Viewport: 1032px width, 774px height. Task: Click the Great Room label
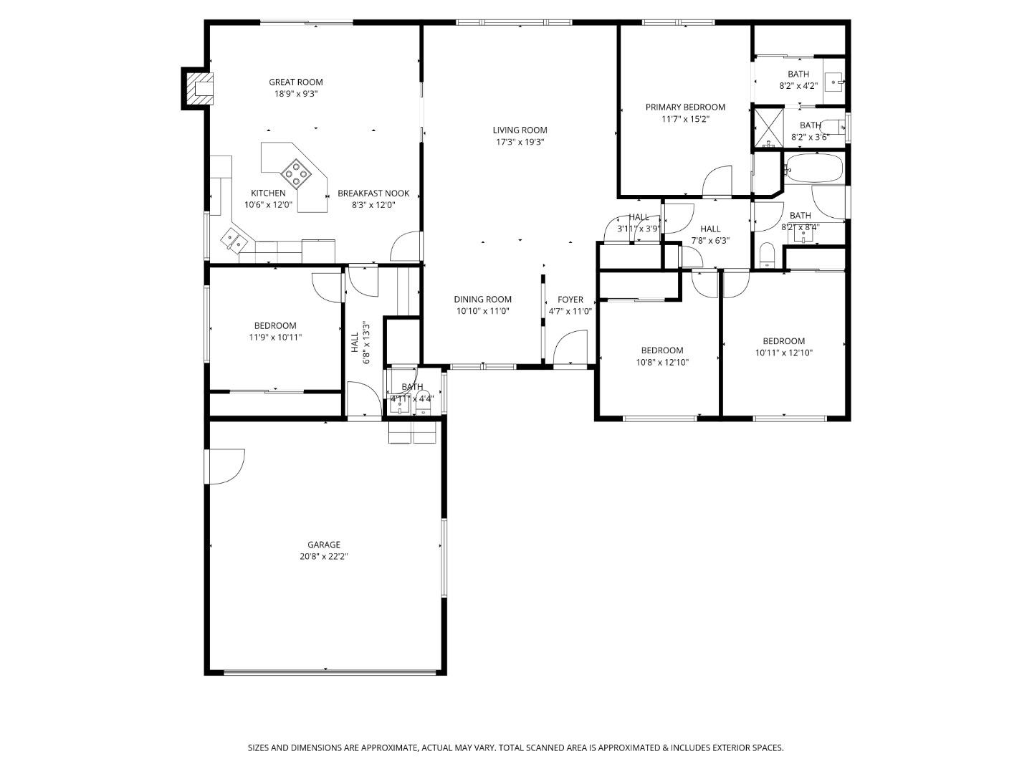(x=296, y=82)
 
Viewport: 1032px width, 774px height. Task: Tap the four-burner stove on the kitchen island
(x=295, y=172)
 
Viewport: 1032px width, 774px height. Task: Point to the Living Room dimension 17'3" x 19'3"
(x=520, y=142)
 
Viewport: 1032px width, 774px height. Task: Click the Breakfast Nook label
(x=373, y=193)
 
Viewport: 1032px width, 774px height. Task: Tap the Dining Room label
(x=482, y=300)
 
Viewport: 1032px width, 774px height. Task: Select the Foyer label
(x=570, y=300)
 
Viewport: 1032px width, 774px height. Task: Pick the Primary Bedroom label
(x=685, y=107)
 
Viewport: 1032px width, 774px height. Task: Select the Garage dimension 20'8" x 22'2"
(x=324, y=556)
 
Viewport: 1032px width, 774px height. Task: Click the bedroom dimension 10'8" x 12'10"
(x=661, y=362)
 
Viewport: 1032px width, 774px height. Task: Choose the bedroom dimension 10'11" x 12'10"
(x=783, y=353)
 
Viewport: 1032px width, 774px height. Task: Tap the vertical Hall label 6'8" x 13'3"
(x=360, y=343)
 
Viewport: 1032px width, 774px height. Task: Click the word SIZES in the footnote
(x=259, y=747)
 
